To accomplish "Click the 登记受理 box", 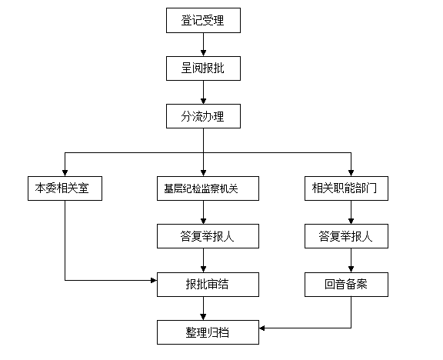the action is pos(203,20).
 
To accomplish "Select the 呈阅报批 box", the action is pos(203,68).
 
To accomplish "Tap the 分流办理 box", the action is pos(203,116).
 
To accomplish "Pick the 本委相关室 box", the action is pos(65,188).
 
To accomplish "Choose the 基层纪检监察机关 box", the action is pos(208,188).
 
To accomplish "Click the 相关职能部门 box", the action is pos(346,188).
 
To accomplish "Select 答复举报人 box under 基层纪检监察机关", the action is pos(208,236).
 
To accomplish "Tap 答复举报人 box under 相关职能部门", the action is pos(346,236).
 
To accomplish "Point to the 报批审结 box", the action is pos(208,285).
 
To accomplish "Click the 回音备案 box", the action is pos(346,285).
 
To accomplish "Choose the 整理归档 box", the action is pos(208,332).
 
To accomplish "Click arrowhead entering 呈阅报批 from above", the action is pos(203,53).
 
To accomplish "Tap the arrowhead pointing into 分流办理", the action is pos(203,101).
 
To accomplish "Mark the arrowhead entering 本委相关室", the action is pos(65,173).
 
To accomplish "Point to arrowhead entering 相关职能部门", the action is pos(351,173).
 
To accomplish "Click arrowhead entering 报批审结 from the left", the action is pos(154,280).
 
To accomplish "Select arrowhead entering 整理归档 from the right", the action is pos(262,328).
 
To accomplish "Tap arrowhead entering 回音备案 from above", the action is pos(351,269).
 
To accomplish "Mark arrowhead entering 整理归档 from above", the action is pos(203,317).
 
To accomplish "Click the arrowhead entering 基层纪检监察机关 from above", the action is pos(203,173).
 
